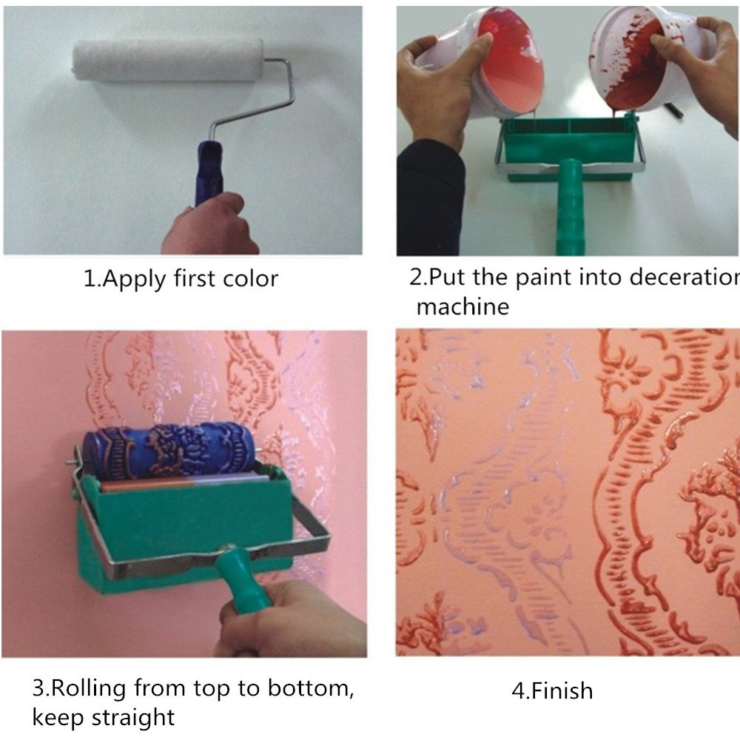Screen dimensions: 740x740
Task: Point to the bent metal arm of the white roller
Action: (x=277, y=89)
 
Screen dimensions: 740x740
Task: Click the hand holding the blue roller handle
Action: (x=211, y=226)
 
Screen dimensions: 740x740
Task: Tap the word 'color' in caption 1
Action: (x=247, y=279)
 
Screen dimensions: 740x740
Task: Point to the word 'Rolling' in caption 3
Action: (x=90, y=689)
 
